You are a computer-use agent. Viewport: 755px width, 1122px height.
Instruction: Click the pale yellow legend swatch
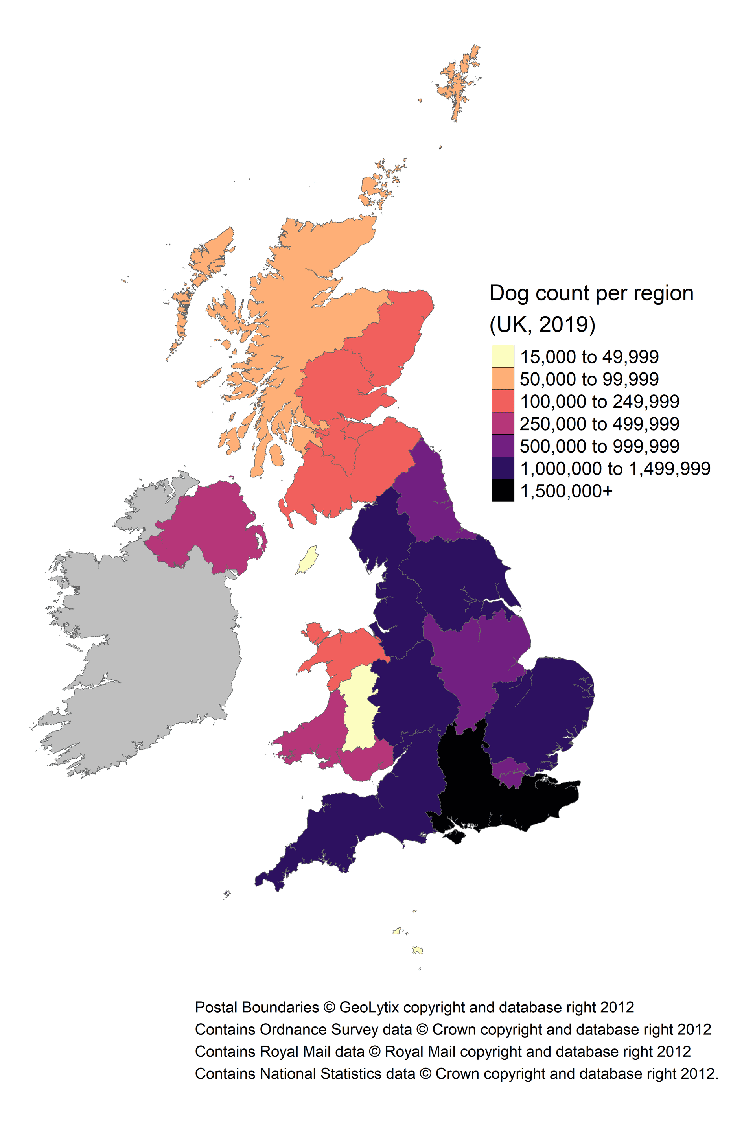point(502,356)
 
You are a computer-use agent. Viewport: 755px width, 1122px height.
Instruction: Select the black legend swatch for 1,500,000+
point(502,491)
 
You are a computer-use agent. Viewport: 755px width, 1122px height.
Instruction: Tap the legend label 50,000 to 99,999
point(589,379)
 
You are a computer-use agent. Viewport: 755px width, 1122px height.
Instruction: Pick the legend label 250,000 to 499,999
point(599,424)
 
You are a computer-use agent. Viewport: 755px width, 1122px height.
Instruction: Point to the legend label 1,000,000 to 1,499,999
point(615,468)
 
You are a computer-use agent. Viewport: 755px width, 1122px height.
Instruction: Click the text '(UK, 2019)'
point(542,324)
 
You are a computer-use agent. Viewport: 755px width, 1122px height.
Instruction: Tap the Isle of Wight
point(455,837)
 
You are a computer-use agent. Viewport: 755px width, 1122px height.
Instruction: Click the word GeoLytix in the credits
point(369,1007)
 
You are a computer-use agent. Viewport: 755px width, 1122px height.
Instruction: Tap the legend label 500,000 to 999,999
point(599,446)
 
